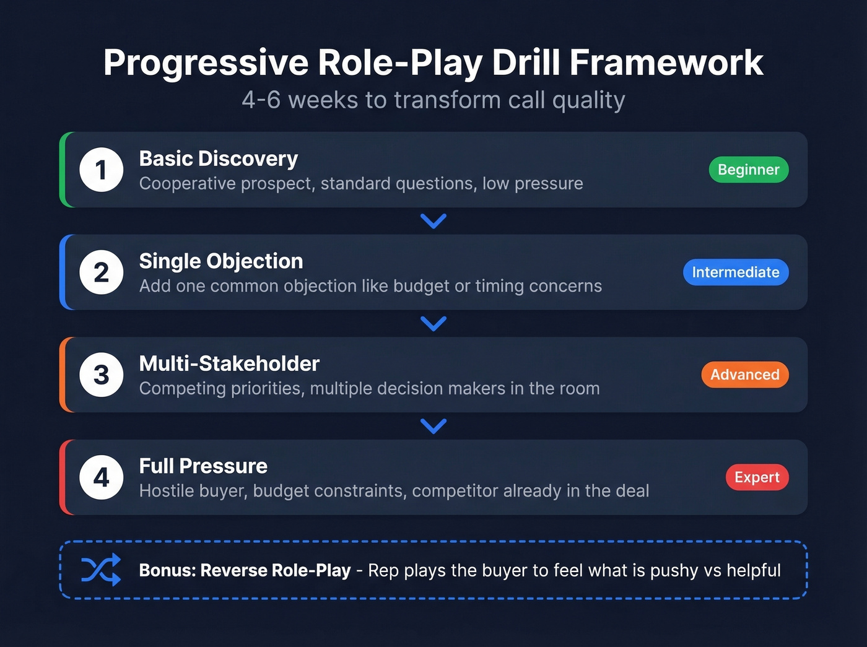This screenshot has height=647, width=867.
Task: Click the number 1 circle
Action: [x=102, y=170]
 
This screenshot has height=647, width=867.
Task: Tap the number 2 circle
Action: [x=102, y=272]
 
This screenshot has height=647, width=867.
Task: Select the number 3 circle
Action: [x=102, y=375]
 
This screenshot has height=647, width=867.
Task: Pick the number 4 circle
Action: [x=102, y=477]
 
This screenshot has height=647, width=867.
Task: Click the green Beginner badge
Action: [x=748, y=170]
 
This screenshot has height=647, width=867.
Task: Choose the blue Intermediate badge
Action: [x=735, y=272]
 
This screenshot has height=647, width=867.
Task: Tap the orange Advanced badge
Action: [x=744, y=375]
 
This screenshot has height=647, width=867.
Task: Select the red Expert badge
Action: [x=757, y=477]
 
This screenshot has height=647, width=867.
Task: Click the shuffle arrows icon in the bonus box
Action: [x=101, y=570]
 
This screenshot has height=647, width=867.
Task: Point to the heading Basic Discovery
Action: [x=218, y=158]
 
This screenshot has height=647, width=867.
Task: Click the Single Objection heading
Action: [x=220, y=261]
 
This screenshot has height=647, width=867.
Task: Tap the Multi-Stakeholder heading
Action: [x=229, y=363]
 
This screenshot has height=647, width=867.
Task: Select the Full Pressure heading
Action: [x=203, y=466]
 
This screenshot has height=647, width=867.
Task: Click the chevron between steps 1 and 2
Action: [x=434, y=221]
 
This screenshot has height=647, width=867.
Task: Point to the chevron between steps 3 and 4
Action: [x=434, y=426]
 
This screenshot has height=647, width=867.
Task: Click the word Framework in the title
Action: [x=666, y=63]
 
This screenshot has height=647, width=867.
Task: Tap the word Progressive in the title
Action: [x=206, y=64]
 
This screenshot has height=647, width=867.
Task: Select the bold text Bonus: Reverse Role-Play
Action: [x=245, y=570]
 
